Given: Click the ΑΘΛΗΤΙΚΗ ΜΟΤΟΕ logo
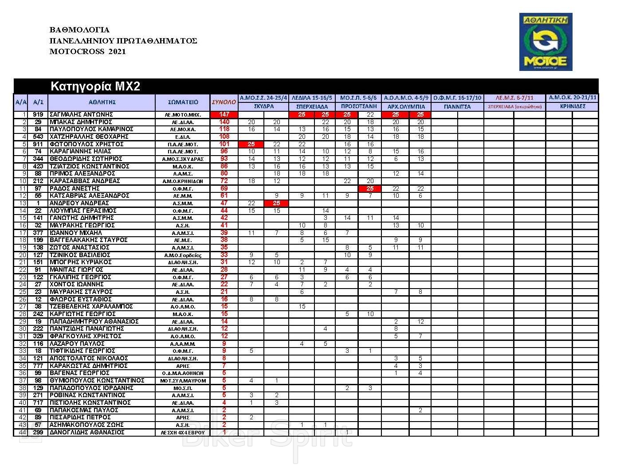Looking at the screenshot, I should coord(546,42).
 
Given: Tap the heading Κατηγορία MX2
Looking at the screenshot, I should coord(95,86).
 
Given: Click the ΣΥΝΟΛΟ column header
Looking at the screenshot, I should coord(224,102).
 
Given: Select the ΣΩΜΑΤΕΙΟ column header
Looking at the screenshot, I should coord(183,102).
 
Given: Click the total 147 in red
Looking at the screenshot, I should coord(224,114).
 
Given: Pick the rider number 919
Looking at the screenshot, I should coord(38,114).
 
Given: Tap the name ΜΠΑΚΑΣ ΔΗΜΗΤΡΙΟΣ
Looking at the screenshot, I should coord(81,122).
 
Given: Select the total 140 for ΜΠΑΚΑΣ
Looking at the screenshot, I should coord(224,122).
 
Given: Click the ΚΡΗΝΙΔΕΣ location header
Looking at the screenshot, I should coord(572,106).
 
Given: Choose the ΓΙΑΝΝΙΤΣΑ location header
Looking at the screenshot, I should coord(457,106).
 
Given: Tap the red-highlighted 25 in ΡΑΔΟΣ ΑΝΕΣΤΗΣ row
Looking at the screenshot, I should coord(370,188).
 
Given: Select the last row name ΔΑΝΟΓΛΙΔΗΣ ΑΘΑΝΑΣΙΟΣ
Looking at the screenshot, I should coord(87,432).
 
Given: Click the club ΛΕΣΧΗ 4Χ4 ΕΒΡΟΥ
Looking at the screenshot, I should coord(183,433).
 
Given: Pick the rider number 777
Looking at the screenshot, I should coord(38,366).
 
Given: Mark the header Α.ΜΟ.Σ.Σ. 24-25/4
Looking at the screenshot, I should coord(263,98).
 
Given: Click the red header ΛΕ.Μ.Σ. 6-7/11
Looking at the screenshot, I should coord(514,98).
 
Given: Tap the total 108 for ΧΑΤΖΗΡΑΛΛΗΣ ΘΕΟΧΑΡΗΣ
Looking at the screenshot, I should coord(224,137).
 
